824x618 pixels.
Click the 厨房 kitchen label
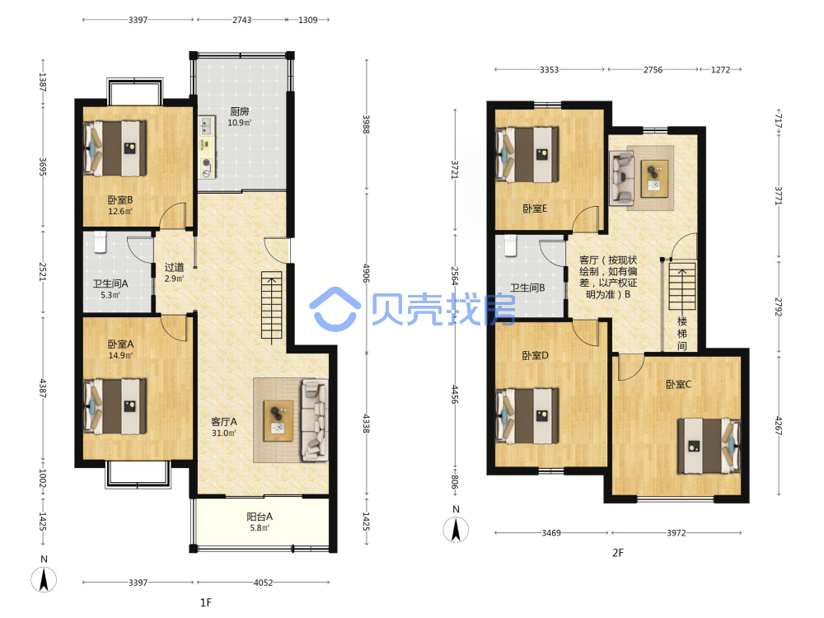(x=239, y=111)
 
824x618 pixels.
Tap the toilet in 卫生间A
(x=100, y=241)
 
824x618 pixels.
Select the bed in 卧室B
(x=115, y=148)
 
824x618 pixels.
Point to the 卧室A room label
(x=120, y=344)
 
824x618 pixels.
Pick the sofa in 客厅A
(x=314, y=420)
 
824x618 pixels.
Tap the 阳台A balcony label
(x=260, y=517)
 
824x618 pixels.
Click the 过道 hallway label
(x=174, y=267)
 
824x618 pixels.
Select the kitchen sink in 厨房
(x=206, y=126)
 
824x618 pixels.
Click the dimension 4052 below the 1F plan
(x=263, y=583)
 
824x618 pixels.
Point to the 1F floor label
(x=205, y=602)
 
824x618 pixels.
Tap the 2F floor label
(x=617, y=552)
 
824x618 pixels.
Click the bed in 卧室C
(x=709, y=446)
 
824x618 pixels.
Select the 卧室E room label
(x=535, y=208)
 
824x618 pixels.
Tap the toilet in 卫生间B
(x=510, y=246)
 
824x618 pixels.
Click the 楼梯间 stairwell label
(x=681, y=333)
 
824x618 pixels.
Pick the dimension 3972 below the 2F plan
(x=676, y=533)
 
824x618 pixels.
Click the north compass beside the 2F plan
(x=456, y=529)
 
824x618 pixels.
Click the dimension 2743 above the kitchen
(x=241, y=20)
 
